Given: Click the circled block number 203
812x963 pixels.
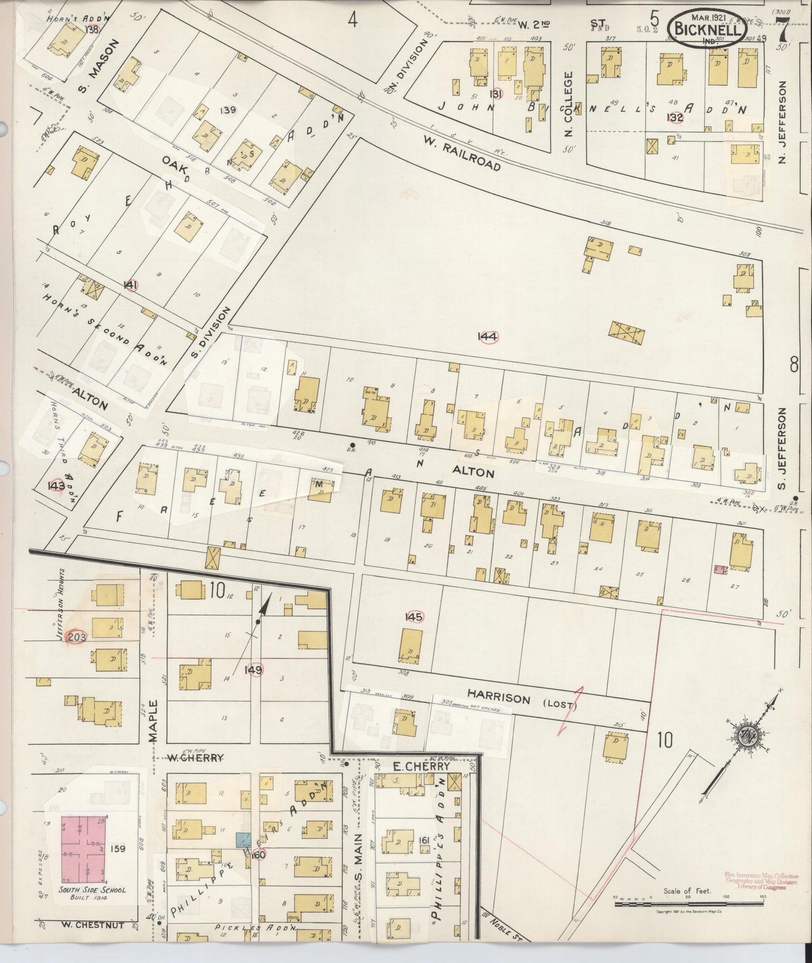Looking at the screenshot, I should [76, 637].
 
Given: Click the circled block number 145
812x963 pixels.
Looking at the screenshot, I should [413, 617].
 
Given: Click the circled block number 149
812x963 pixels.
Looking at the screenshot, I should [254, 670].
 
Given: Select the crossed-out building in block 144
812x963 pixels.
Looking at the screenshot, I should [626, 333].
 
